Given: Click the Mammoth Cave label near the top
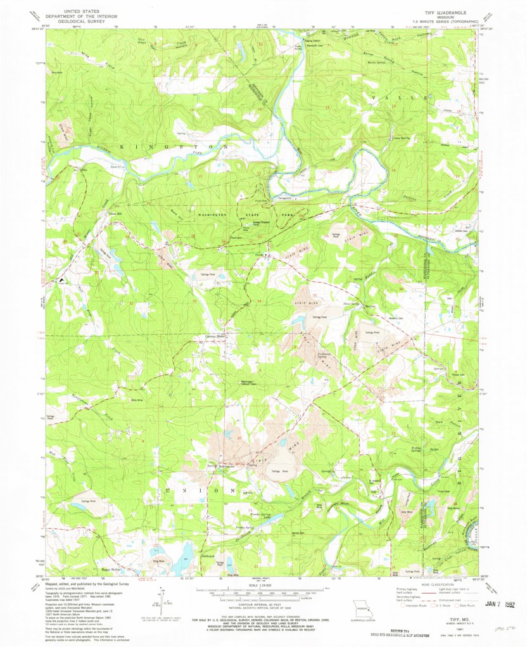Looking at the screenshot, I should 298,48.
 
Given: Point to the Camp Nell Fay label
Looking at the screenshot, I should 403,138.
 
